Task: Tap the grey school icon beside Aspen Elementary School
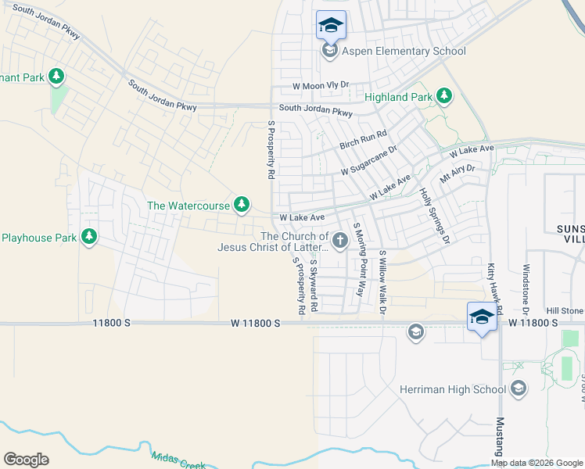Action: pos(330,52)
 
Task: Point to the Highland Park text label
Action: pos(398,97)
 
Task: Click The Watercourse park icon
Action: pos(242,206)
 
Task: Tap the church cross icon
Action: pos(340,242)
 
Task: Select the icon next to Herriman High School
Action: pos(518,389)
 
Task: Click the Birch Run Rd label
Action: pos(363,140)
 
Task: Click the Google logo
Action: pos(26,460)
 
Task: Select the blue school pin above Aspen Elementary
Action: pos(331,25)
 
